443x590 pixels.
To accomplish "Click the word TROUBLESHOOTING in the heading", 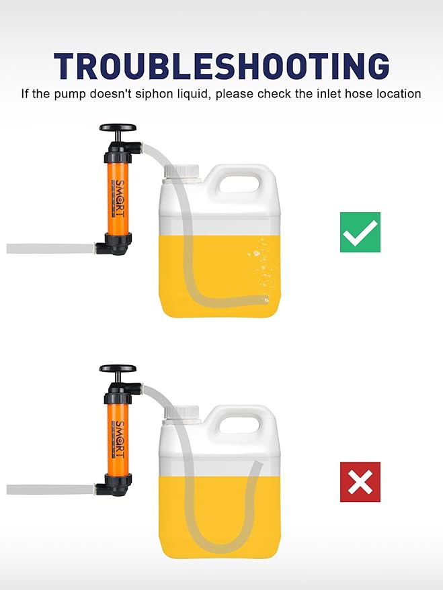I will (x=221, y=66).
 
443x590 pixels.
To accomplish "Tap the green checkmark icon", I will (x=360, y=232).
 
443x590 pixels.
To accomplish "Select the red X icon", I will (x=360, y=482).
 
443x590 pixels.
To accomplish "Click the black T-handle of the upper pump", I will (x=118, y=128).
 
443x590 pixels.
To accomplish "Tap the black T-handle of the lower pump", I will (x=118, y=368).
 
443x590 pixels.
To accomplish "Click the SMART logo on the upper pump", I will (x=118, y=195).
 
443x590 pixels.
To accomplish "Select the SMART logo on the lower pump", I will (x=118, y=436).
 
